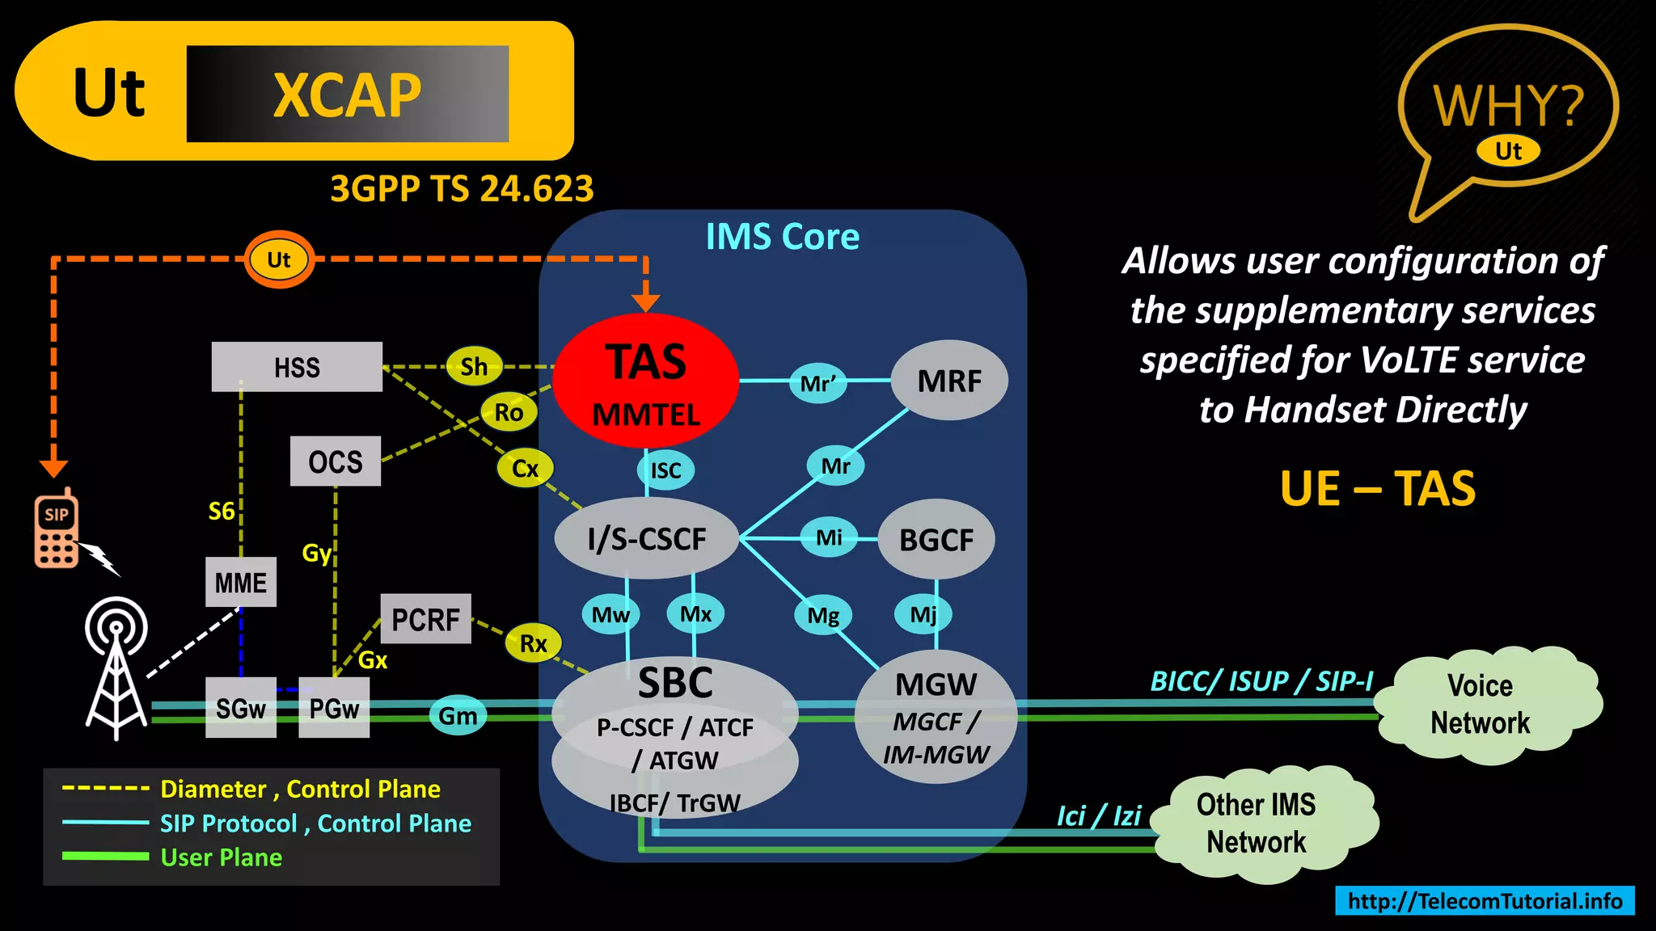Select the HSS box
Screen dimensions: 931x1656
coord(297,367)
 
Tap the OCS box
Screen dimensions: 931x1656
coord(335,461)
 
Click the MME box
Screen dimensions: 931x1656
coord(240,582)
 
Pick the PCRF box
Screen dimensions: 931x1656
coord(425,619)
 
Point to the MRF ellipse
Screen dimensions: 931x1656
coord(948,381)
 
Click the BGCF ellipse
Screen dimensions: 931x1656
coord(936,539)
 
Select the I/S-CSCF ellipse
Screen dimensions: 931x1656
coord(646,538)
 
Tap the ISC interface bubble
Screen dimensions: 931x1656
coord(665,470)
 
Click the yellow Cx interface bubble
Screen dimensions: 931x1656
coord(525,468)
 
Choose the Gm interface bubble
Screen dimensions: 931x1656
coord(458,716)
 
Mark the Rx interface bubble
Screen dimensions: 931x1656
coord(533,643)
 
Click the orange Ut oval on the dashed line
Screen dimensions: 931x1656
coord(279,259)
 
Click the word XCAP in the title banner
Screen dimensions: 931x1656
coord(347,95)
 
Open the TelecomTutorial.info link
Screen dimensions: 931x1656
coord(1485,900)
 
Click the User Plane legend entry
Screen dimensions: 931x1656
coord(221,857)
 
